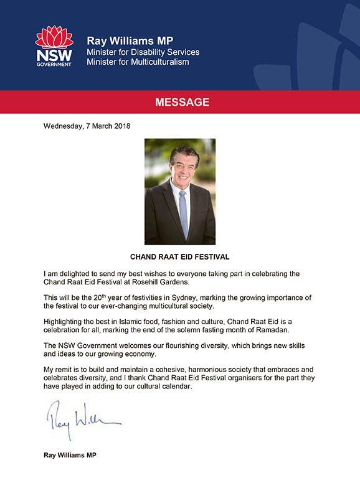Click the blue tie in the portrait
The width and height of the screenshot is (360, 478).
pyautogui.click(x=183, y=214)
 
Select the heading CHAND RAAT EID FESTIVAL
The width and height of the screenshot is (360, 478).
pyautogui.click(x=179, y=255)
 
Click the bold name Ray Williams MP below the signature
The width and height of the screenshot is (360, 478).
pyautogui.click(x=70, y=456)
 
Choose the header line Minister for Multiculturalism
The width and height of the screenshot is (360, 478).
pyautogui.click(x=138, y=62)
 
